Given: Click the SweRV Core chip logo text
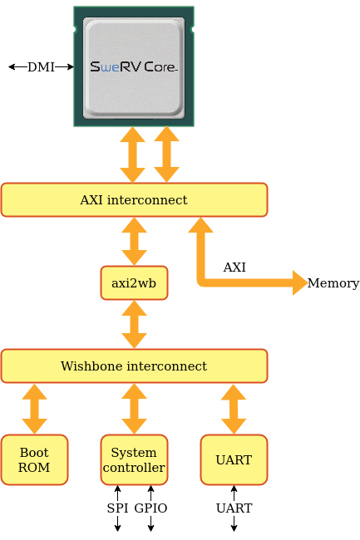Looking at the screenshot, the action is point(134,66).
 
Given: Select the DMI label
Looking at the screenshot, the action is point(41,66).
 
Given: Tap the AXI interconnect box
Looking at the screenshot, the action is point(134,199).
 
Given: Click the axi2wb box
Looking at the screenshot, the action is point(134,282).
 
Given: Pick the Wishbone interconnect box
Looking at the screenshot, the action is point(134,366).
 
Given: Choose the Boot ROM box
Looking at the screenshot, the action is point(34,459).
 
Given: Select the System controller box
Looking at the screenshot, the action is point(134,459).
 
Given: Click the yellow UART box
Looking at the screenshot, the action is point(234,459).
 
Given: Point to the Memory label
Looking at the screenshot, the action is point(333,283).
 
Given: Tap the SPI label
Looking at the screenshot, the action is point(117,508).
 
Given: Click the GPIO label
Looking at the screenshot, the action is point(150,508).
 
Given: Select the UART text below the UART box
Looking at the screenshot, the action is point(234,508).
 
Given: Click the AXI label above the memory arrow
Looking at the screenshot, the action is point(234,268).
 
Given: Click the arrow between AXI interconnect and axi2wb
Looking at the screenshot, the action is point(134,242).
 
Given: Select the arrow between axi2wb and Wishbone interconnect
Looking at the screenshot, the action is point(134,324).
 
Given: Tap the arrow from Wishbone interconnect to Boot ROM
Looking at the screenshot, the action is point(34,409).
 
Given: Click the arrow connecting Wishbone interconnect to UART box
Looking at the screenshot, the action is point(234,409).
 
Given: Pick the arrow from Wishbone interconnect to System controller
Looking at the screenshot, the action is point(134,409).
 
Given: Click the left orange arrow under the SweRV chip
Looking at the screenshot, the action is point(132,155).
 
